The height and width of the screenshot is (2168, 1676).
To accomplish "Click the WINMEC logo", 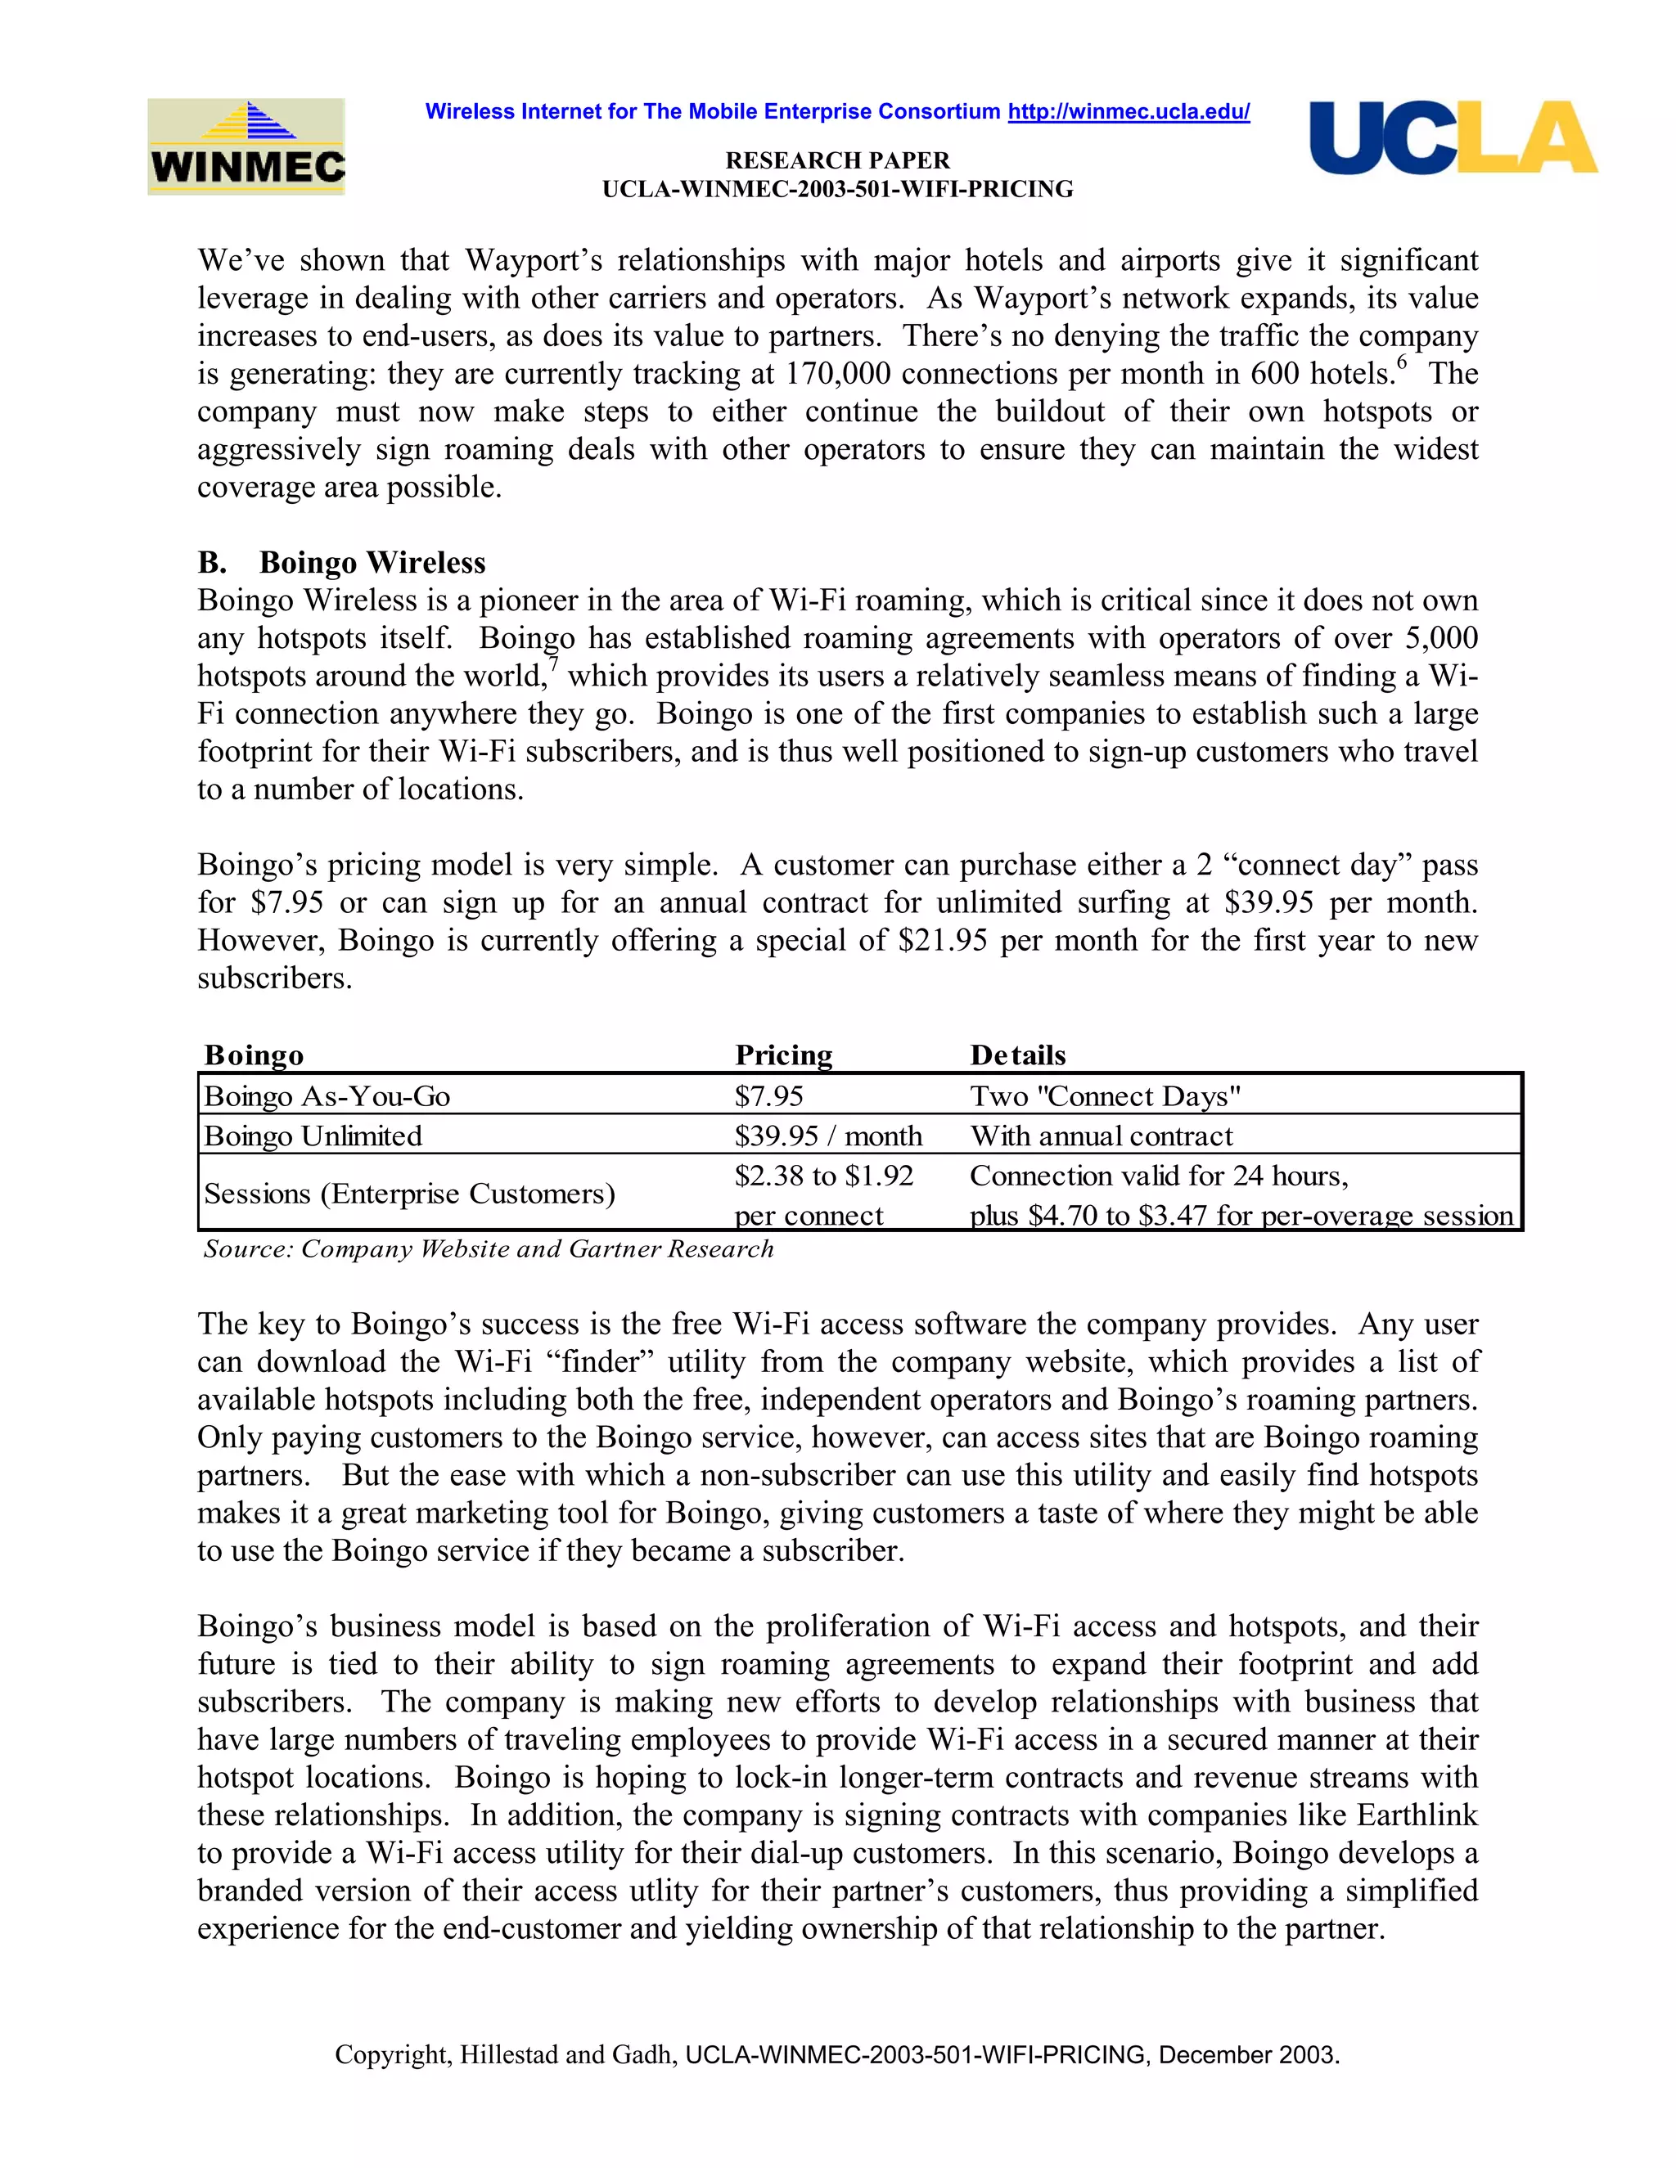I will click(246, 147).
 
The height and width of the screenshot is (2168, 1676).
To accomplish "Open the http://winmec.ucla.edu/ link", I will click(1128, 111).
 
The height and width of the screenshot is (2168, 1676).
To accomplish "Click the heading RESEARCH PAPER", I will click(837, 160).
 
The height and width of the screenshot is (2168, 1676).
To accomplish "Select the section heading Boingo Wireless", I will click(372, 563).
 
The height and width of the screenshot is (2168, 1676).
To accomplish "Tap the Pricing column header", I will click(783, 1055).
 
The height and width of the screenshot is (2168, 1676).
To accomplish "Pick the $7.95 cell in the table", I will click(768, 1096).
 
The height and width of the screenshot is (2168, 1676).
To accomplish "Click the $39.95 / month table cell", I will click(828, 1136).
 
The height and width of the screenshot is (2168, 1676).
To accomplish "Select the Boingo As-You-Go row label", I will click(327, 1096).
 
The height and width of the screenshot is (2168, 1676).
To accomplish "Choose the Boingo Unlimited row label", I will click(313, 1136).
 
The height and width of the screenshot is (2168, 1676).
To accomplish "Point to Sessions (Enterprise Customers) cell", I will click(409, 1193).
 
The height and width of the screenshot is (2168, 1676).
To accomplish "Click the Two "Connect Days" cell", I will click(1105, 1096).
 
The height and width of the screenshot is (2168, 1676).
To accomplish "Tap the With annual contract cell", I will click(1102, 1136).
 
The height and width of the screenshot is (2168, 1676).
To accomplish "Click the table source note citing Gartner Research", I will click(488, 1248).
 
